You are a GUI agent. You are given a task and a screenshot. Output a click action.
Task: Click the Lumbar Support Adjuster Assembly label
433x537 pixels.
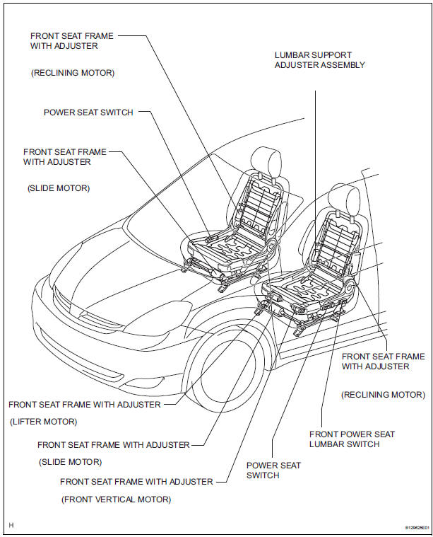coord(320,60)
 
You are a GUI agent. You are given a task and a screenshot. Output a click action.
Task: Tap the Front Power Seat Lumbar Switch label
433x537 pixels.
coord(352,439)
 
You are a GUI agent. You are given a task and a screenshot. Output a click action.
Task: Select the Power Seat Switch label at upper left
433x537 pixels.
coord(88,112)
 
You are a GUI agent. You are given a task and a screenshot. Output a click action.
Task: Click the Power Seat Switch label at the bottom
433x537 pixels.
coord(273,470)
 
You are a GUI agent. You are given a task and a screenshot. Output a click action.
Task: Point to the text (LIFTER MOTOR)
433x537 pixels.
coord(43,422)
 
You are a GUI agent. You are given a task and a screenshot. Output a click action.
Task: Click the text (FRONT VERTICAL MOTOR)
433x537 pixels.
coord(117,500)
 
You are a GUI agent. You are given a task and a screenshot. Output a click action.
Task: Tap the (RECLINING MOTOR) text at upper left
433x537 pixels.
coord(73,73)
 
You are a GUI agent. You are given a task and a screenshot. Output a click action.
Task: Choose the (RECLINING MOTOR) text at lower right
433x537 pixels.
coord(383,395)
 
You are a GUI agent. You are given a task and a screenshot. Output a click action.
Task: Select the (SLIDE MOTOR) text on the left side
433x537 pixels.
coord(59,188)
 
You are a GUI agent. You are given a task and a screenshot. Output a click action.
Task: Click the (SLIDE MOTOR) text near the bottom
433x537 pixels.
coord(71,462)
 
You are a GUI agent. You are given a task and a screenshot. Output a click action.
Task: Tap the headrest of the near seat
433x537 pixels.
coord(344,200)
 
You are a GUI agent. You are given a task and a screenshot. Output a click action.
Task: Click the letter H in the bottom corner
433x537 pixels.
coord(11,525)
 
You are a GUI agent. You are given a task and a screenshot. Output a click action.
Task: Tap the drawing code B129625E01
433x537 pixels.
coord(417,528)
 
